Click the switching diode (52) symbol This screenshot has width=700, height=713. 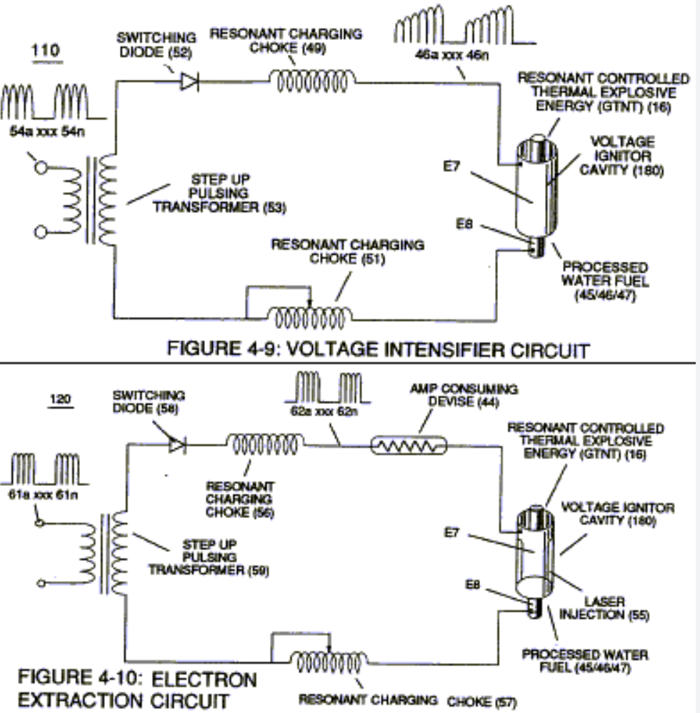coord(190,82)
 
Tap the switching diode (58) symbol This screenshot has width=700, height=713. coord(177,444)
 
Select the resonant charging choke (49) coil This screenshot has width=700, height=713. coord(312,81)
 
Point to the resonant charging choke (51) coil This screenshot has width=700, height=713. coord(309,317)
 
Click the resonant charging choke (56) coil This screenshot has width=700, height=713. coord(265,444)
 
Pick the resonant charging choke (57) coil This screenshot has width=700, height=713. coord(329,662)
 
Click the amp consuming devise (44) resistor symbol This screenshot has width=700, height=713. coord(409,445)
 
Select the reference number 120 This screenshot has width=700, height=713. coord(60,399)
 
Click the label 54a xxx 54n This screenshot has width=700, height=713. coord(47,131)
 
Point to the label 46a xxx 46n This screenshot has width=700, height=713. coord(451,55)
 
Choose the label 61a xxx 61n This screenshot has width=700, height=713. coord(43,495)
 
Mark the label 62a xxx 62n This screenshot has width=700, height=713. coord(324,411)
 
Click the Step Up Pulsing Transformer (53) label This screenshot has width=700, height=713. coord(219,193)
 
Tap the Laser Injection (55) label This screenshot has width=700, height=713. coord(604,608)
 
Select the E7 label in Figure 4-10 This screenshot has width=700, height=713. coord(451,532)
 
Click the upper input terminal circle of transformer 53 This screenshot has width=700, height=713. coord(41,168)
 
